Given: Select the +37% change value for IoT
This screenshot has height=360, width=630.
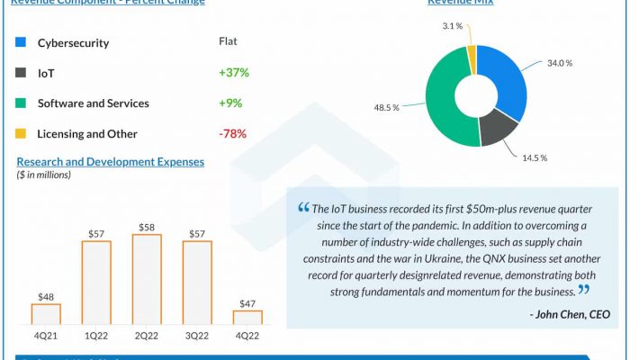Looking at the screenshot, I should pos(233,72).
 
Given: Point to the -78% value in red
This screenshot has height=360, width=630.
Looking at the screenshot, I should pos(232,134).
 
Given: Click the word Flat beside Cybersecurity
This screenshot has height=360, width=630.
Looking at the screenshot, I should pos(229,41).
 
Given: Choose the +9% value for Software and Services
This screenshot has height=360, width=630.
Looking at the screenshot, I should pos(230,103).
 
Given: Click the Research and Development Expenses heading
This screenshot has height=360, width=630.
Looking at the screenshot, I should pos(111,162).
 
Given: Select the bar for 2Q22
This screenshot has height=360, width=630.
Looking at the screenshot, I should pos(147,279).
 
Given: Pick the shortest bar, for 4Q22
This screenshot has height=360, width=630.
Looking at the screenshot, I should pos(247,317).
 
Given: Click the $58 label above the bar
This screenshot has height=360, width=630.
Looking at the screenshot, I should pos(147,226).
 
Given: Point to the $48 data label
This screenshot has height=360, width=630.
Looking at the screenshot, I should pos(46,295).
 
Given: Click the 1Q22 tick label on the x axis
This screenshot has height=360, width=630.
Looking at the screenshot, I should pos(96,336).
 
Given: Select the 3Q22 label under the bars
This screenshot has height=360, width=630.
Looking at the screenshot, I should pos(197,336).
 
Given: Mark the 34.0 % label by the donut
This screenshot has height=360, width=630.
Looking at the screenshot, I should pos(560,63).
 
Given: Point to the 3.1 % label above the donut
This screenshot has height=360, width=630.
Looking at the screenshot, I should pos(453,27).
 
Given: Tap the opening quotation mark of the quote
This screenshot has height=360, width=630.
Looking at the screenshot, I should pos(303,208).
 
